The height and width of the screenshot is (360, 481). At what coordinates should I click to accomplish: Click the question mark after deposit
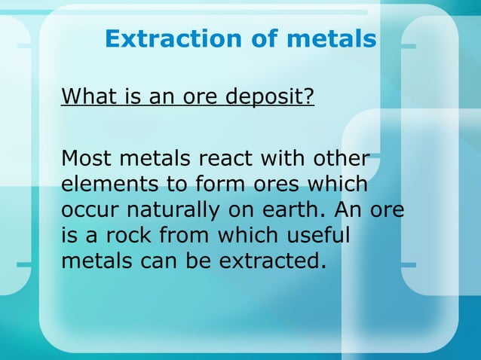click(309, 97)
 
